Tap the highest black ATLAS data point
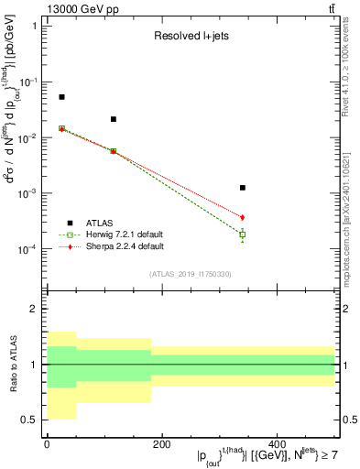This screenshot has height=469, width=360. click(61, 97)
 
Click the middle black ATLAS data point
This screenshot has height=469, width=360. click(114, 119)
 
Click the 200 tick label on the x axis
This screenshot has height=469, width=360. click(161, 444)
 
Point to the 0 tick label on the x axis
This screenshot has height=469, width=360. click(47, 444)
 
